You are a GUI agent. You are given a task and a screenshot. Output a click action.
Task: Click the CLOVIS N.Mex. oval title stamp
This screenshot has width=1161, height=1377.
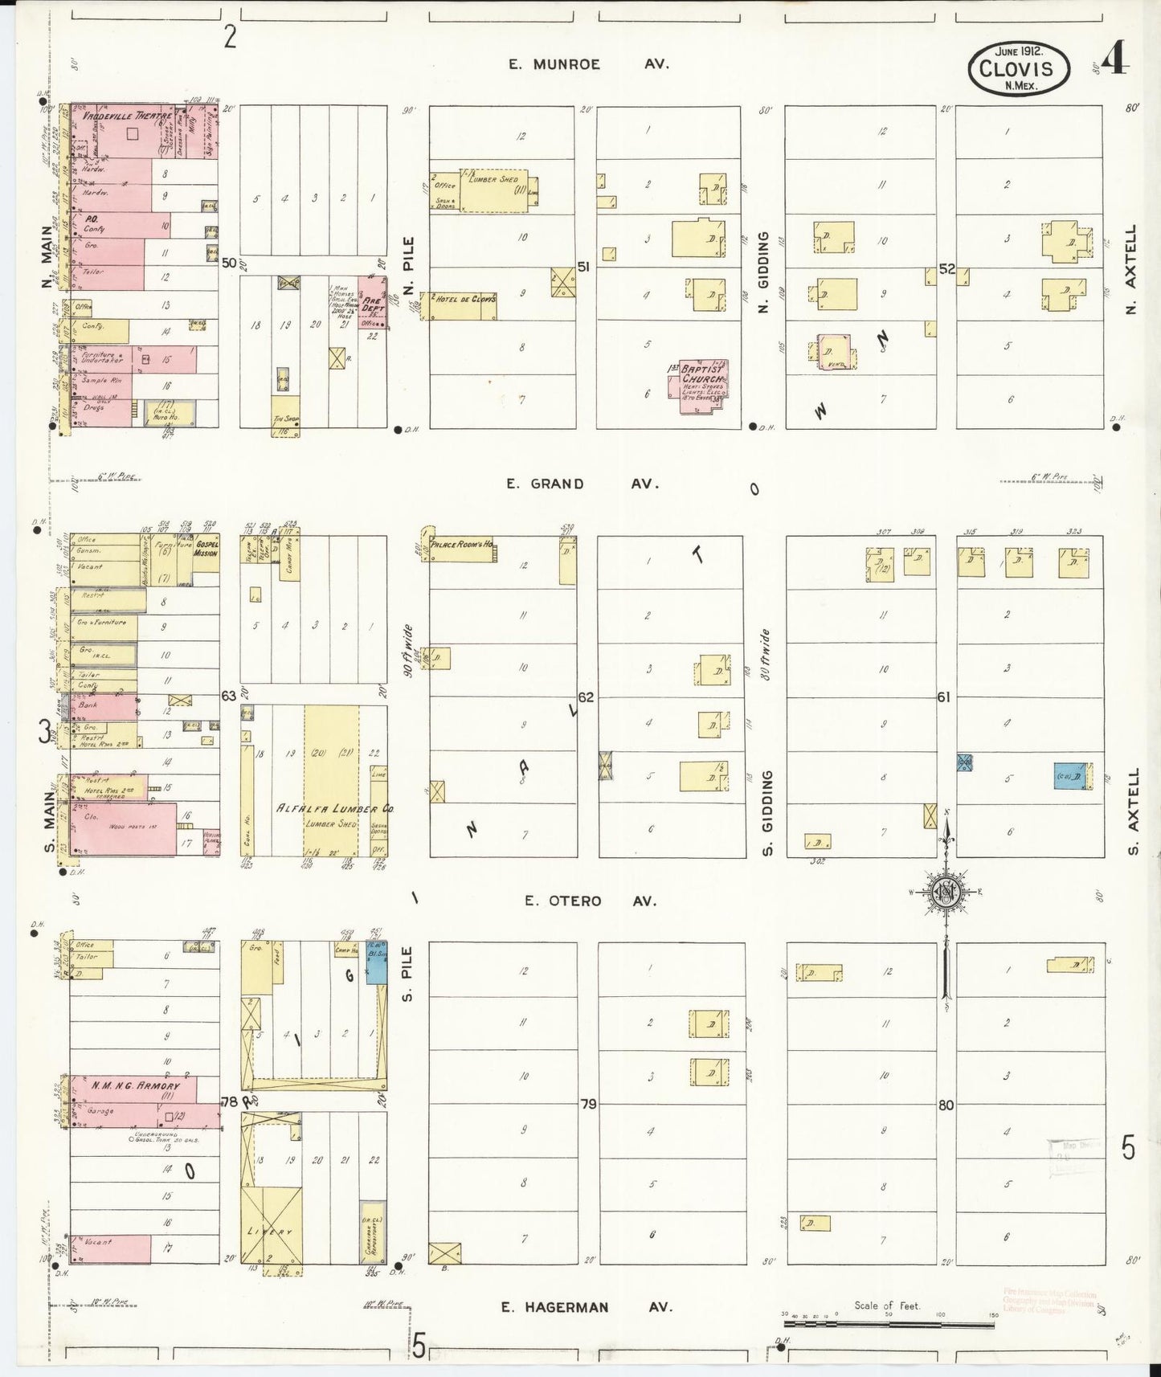[1020, 68]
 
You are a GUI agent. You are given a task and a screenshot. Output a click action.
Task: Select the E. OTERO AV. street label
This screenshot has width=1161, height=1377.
[591, 901]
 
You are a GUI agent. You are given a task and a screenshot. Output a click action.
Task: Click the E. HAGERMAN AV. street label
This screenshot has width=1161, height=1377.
[586, 1307]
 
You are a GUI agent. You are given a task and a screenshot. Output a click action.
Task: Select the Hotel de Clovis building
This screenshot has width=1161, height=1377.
[464, 306]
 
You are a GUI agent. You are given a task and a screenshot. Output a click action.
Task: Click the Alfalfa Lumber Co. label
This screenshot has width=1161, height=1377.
[335, 808]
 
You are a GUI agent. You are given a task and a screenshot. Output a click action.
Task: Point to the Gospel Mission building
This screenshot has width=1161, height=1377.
[206, 554]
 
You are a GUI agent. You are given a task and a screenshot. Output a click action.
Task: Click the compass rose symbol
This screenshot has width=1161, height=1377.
[946, 893]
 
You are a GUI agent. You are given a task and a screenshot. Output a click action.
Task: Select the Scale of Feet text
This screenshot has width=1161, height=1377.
[887, 1305]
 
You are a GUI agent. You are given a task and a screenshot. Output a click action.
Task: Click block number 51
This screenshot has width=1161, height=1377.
[583, 267]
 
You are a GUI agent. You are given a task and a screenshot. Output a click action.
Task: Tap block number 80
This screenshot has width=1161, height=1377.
[946, 1105]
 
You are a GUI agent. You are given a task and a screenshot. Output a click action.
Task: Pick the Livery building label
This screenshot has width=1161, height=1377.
[270, 1232]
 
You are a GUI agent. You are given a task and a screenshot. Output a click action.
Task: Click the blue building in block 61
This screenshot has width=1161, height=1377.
[1069, 775]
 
